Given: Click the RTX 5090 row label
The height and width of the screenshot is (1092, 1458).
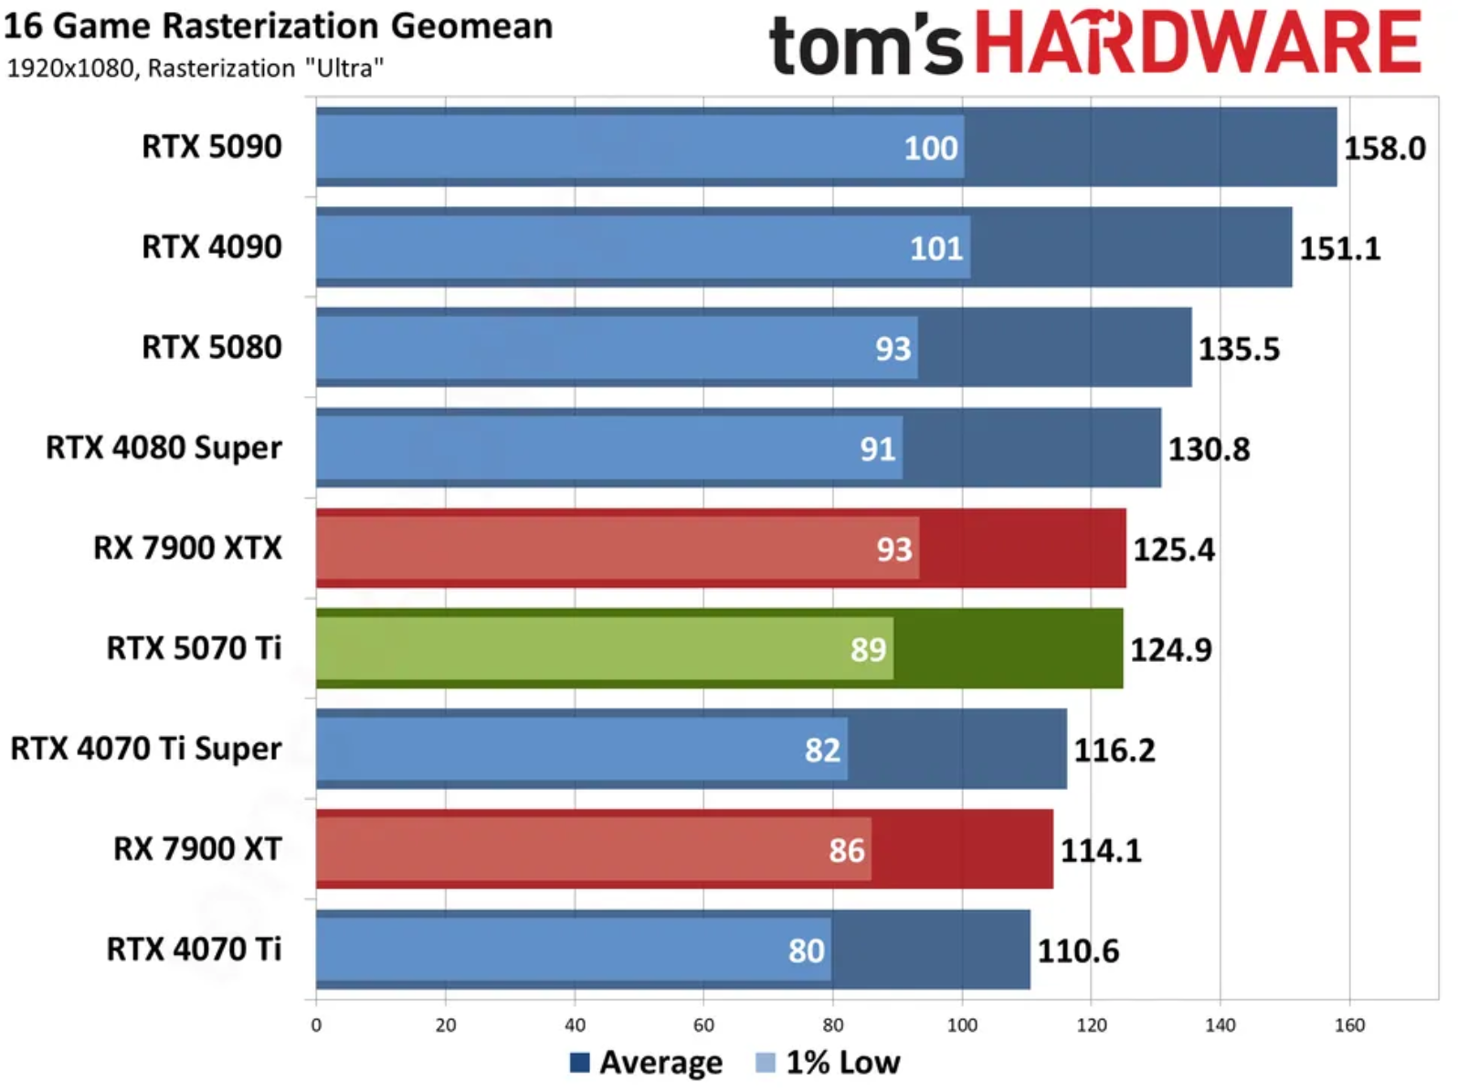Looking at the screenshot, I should tap(211, 147).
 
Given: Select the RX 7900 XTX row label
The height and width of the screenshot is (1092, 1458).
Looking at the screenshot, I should tap(187, 548).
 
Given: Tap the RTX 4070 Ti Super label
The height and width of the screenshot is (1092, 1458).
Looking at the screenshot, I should tap(145, 749).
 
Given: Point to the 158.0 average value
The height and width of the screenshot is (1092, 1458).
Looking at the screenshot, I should tap(1384, 148).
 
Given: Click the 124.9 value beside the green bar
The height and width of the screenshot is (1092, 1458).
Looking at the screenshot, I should tap(1171, 649).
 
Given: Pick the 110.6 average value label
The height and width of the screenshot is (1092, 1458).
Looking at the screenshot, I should tap(1078, 951).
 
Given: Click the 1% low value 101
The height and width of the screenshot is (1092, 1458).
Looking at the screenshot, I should tap(936, 248).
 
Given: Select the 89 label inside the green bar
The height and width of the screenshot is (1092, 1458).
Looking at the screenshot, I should tap(868, 649).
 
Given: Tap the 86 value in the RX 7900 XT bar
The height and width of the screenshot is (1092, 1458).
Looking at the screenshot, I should tap(847, 850).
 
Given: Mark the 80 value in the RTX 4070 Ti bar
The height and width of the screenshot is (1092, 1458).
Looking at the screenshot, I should tap(807, 950).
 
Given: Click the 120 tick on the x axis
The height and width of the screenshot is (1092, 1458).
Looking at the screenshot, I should tap(1091, 1025).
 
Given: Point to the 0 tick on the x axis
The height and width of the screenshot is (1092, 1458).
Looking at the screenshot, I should tap(316, 1025).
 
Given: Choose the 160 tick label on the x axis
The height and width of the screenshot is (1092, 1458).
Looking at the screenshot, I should tap(1349, 1025).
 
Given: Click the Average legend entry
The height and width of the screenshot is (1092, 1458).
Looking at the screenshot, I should tap(646, 1063).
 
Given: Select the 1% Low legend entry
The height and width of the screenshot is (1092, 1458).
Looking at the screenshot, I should tap(829, 1063).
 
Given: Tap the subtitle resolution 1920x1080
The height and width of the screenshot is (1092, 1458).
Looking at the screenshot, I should tap(70, 68).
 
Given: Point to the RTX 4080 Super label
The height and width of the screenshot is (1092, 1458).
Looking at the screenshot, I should tap(164, 447).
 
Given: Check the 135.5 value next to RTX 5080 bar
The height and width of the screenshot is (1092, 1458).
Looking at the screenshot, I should tap(1239, 349).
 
